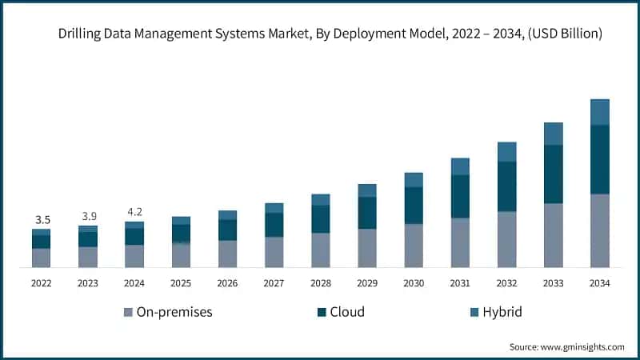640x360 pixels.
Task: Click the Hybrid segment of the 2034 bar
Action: [600, 112]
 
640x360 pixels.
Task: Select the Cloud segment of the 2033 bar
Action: [554, 174]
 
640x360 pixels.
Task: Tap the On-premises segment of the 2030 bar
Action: [414, 246]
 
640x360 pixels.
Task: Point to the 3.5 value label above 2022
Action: [41, 219]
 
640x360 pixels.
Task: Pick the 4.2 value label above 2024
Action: [134, 212]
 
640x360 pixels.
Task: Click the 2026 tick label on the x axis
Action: [228, 282]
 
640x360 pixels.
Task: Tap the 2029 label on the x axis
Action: [367, 282]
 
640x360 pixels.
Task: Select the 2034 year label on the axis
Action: [600, 282]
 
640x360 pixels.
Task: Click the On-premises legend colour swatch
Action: [128, 312]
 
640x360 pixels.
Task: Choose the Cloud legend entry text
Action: [347, 312]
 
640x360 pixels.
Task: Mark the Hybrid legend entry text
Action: [502, 312]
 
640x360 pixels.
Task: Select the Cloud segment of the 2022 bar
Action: [41, 242]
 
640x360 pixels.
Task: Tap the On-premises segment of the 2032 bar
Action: [507, 239]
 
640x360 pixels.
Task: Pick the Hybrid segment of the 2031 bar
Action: [460, 166]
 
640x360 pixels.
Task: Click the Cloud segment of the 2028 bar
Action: [321, 219]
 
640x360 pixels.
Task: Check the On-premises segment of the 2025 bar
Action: [182, 255]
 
